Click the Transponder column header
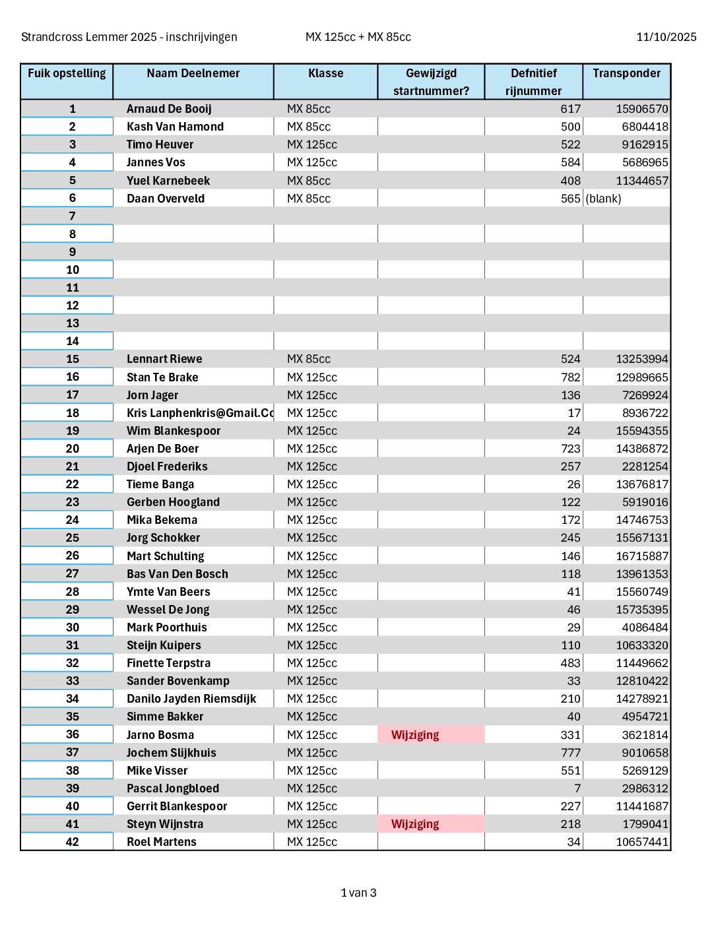tap(626, 73)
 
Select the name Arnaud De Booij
tap(169, 109)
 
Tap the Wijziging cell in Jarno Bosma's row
tap(415, 735)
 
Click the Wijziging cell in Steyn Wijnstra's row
tap(415, 824)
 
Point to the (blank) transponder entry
tap(603, 199)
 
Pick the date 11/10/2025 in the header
tap(666, 37)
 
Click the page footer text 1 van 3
tap(358, 893)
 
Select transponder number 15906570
tap(641, 109)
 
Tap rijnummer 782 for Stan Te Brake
tap(570, 377)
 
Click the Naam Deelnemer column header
tap(193, 73)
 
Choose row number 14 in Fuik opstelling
tap(73, 341)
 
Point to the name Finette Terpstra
tap(168, 663)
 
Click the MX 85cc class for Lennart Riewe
tap(309, 359)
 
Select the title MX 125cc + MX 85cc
tap(358, 37)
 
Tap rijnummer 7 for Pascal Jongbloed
tap(577, 788)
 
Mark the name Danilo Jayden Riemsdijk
tap(191, 699)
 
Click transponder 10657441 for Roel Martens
tap(641, 842)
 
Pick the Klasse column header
tap(325, 73)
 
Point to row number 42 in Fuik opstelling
tap(73, 842)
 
